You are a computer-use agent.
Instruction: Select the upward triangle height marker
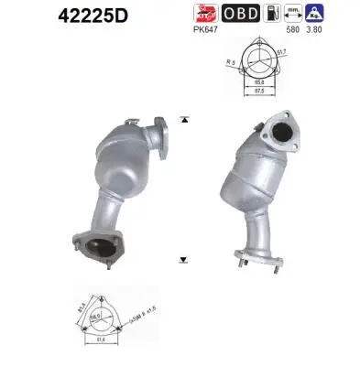click(x=184, y=120)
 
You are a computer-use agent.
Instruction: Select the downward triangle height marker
click(x=184, y=259)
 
